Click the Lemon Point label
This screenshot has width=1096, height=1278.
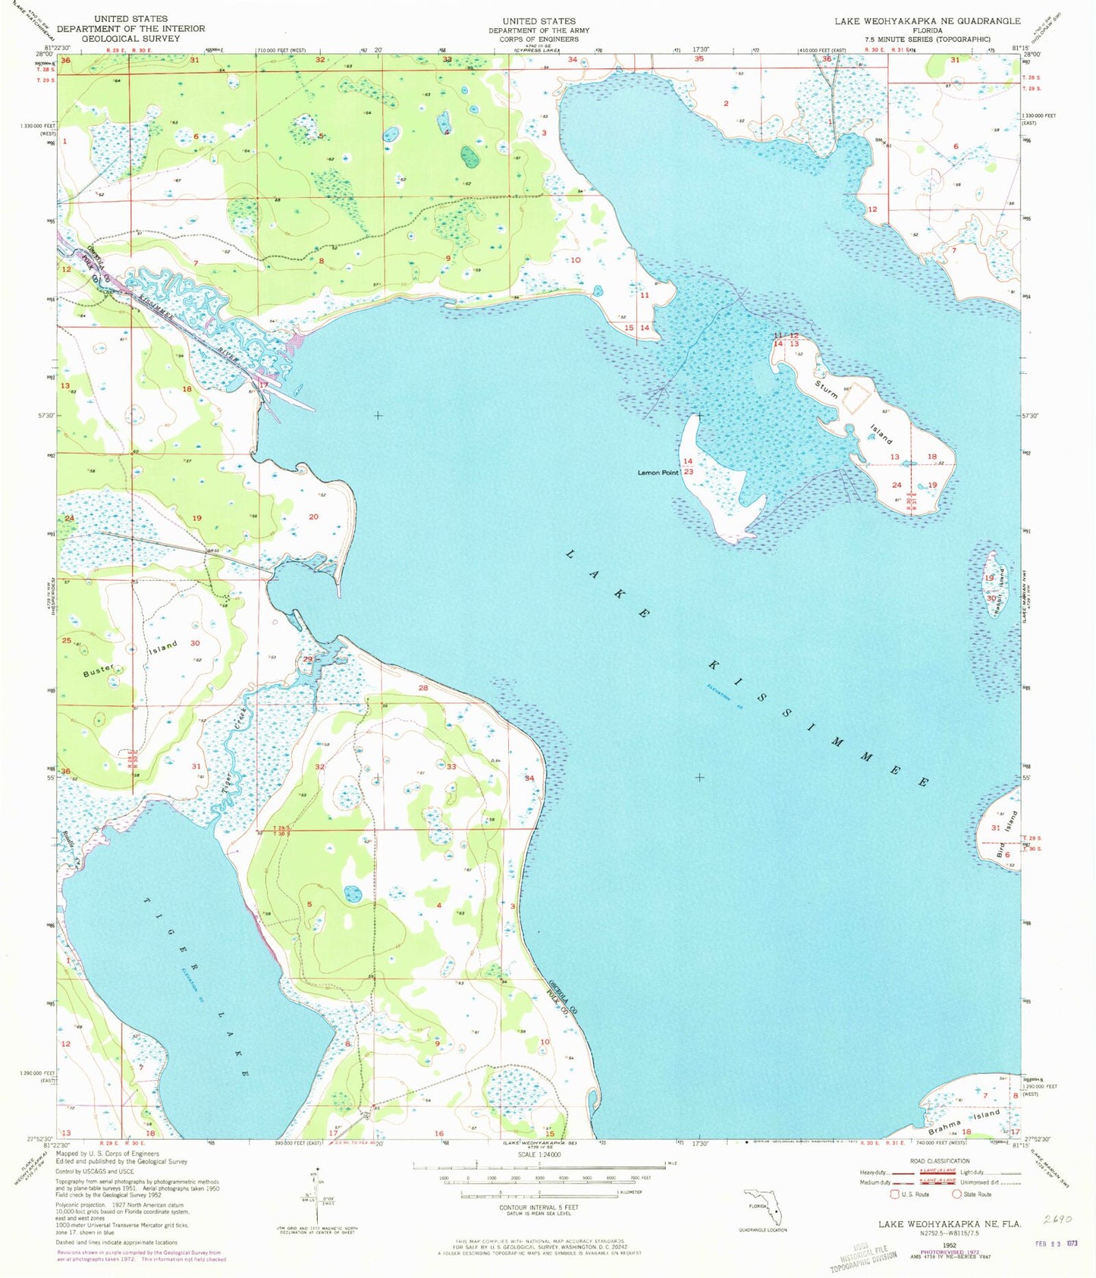pyautogui.click(x=658, y=473)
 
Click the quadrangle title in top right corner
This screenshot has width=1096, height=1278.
pyautogui.click(x=927, y=21)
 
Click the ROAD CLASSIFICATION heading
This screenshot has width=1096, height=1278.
pyautogui.click(x=940, y=1160)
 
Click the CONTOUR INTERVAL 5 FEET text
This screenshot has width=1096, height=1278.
pyautogui.click(x=539, y=1207)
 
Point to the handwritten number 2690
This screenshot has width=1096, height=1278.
pyautogui.click(x=1059, y=1220)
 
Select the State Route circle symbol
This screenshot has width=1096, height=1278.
pyautogui.click(x=956, y=1194)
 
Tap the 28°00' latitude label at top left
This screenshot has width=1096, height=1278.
pyautogui.click(x=42, y=54)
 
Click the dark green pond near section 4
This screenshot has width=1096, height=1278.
pyautogui.click(x=470, y=158)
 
